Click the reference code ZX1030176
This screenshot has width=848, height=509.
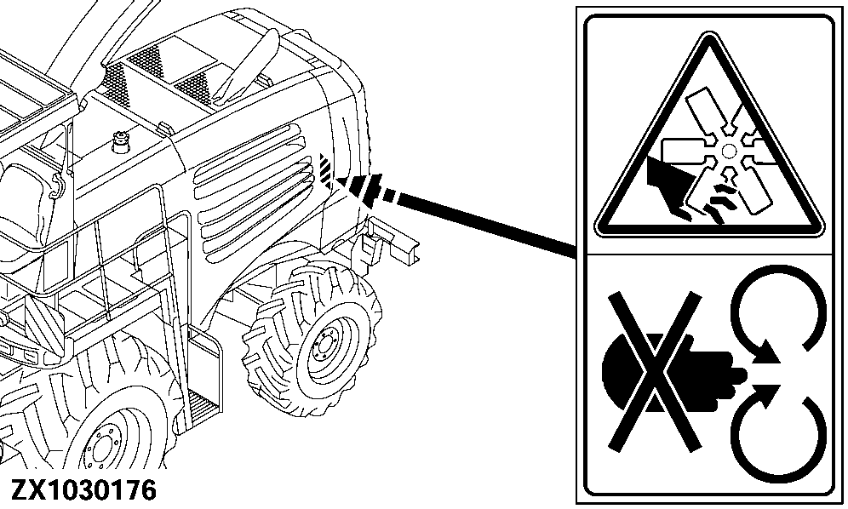point(83,492)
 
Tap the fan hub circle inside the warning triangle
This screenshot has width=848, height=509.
point(728,151)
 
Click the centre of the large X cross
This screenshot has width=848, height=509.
point(653,370)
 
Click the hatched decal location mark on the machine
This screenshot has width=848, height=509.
point(327,167)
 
